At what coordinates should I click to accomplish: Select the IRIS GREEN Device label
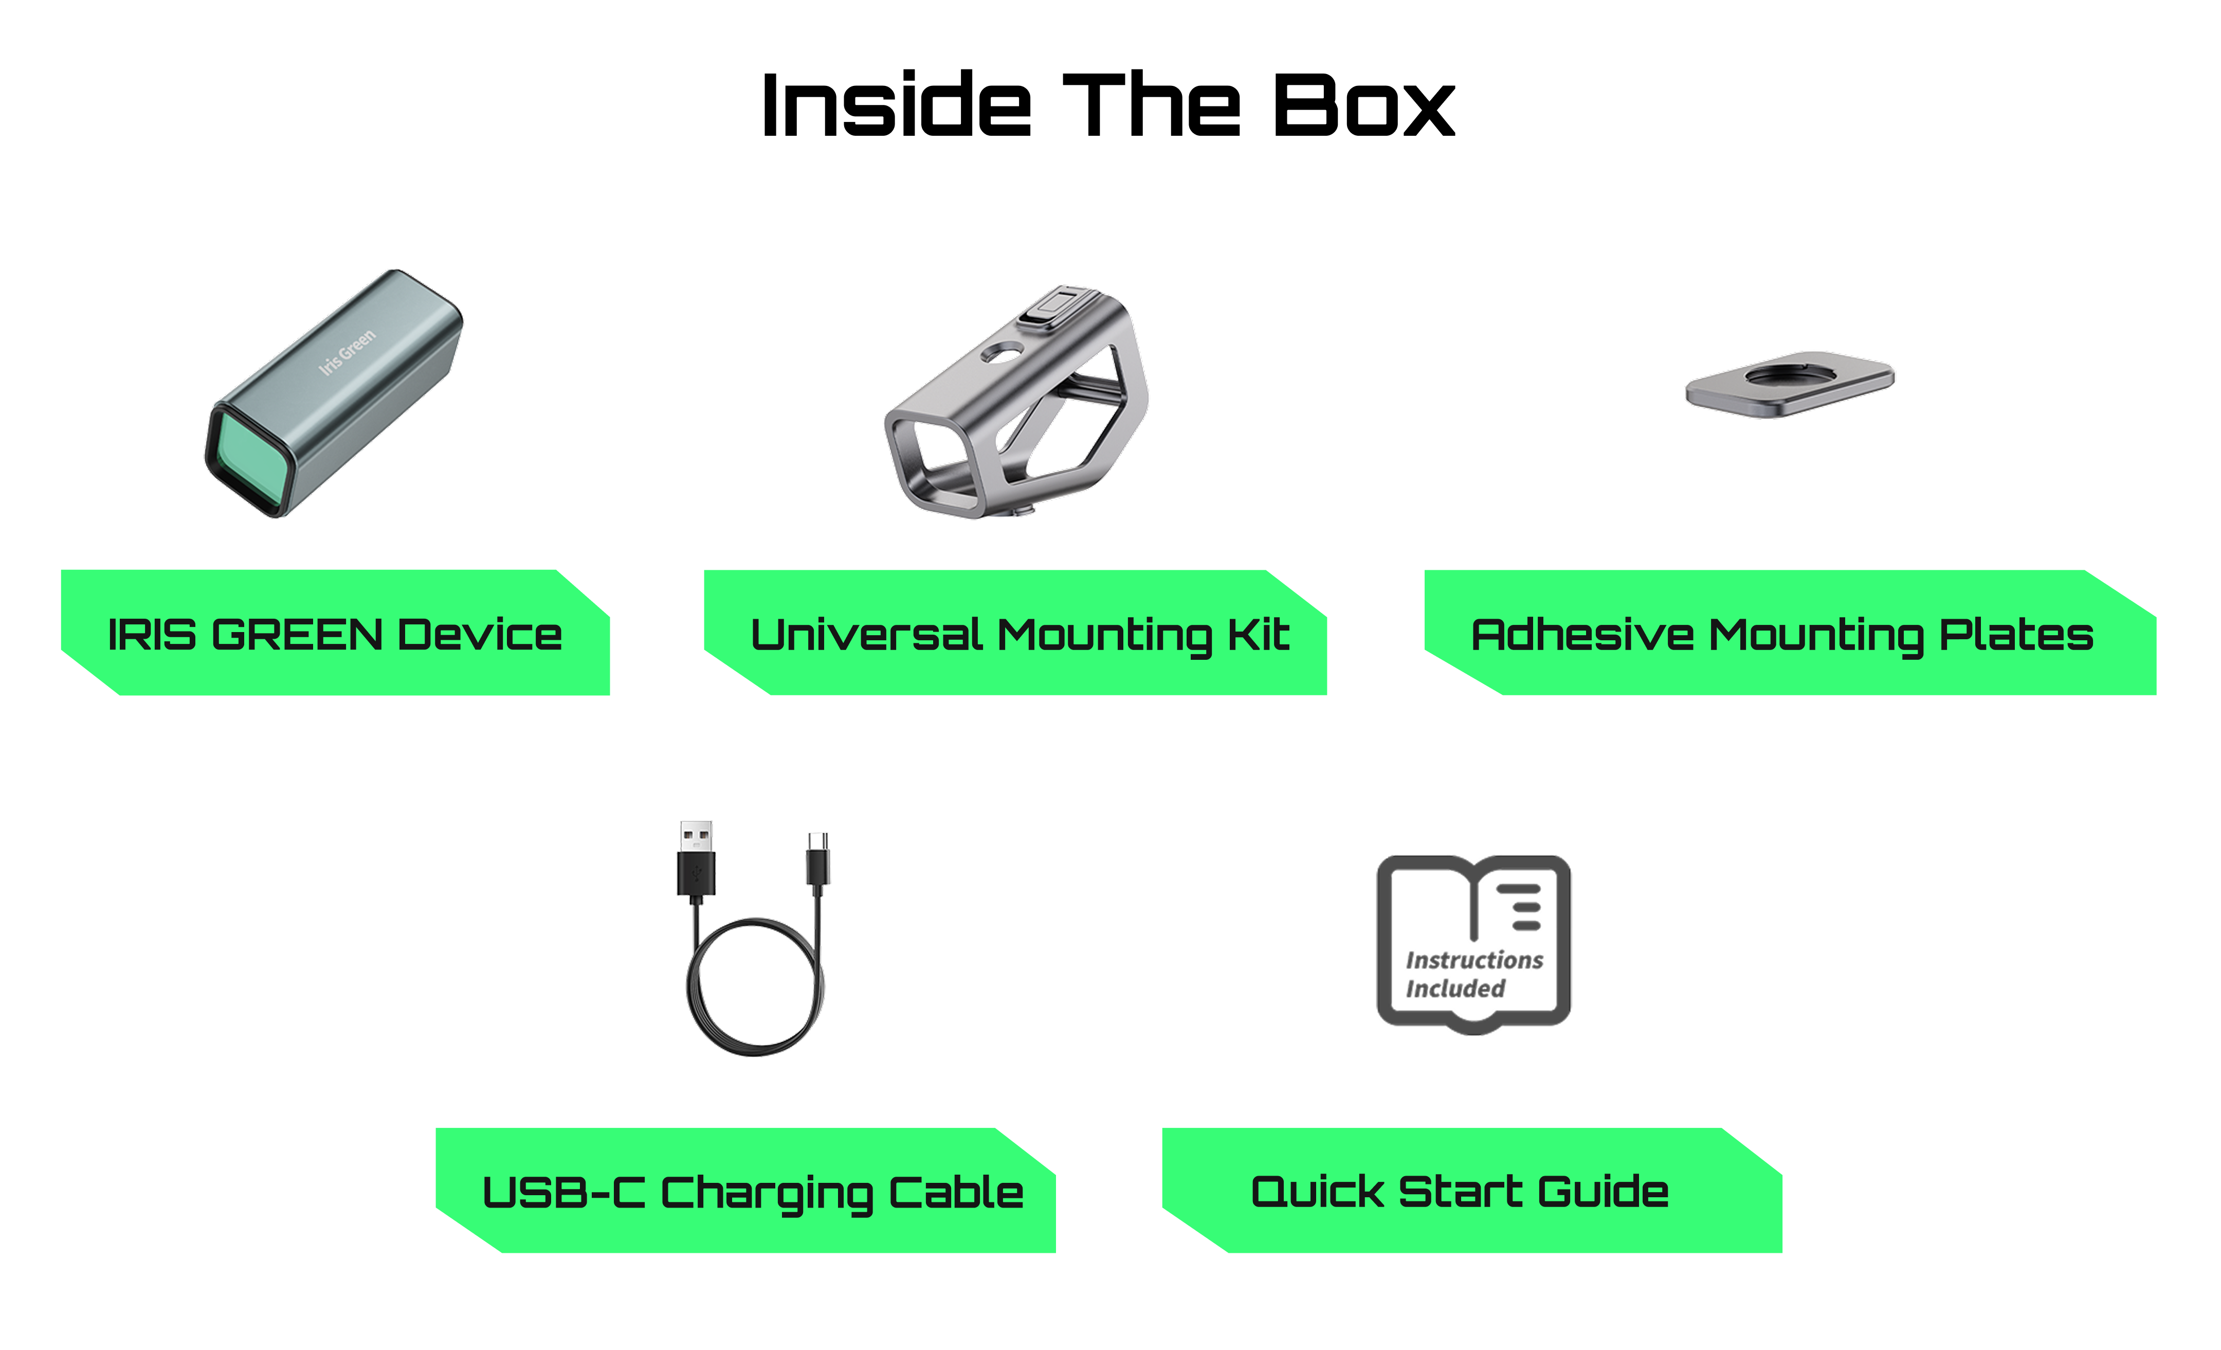click(x=334, y=634)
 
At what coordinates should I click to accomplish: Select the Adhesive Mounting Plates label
click(x=1781, y=634)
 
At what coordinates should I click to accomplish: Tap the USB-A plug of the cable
click(x=696, y=857)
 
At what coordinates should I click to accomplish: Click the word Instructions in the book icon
click(x=1474, y=960)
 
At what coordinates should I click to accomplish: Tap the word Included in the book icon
click(x=1455, y=988)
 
